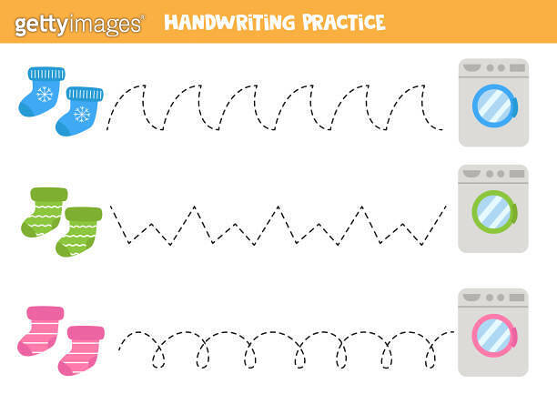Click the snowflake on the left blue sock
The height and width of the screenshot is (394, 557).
(45, 94)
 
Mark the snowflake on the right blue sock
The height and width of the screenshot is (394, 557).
(81, 114)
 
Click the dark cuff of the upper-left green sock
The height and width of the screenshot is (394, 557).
(49, 194)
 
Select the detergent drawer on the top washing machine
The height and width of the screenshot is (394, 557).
(472, 67)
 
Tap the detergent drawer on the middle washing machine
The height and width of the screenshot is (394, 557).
(472, 173)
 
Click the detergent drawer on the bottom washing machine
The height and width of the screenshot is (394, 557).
(472, 297)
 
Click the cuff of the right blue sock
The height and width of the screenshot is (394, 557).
(85, 94)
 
